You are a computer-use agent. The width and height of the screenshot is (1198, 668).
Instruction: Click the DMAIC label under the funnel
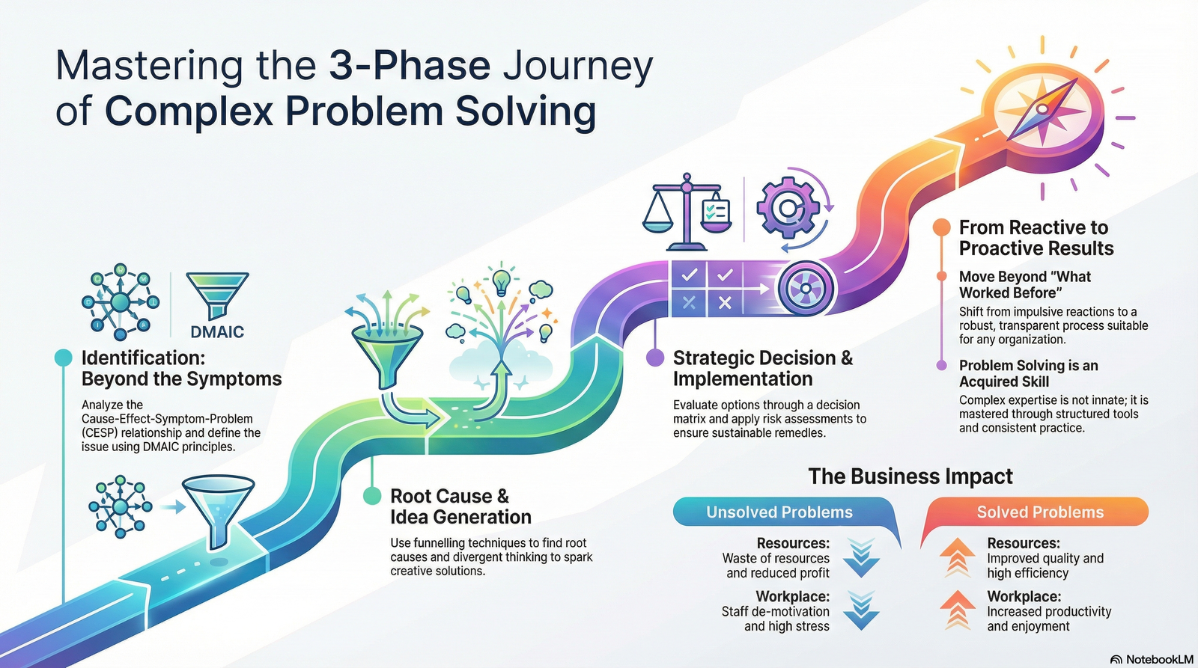point(217,331)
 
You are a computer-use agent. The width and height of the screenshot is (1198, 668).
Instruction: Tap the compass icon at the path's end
point(1041,110)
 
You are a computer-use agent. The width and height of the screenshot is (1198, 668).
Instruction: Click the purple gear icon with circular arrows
point(787,207)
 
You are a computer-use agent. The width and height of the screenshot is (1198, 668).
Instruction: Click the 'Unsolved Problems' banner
point(779,512)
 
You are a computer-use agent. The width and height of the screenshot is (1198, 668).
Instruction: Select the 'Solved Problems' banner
point(1039,512)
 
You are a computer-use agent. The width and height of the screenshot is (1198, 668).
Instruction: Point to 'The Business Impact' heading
point(910,477)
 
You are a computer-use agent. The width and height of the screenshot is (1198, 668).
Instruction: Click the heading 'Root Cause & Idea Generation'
point(460,506)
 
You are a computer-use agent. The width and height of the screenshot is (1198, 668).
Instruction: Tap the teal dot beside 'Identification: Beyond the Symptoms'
point(63,358)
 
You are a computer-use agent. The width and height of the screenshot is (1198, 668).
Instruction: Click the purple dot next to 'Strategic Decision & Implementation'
point(654,358)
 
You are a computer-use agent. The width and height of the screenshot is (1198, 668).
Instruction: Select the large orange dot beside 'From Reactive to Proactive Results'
point(941,227)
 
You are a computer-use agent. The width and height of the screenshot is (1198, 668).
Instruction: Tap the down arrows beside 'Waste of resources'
point(862,557)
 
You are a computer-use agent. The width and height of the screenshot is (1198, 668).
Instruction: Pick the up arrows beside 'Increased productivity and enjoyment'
point(957,610)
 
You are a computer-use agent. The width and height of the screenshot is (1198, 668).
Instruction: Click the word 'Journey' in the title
point(577,65)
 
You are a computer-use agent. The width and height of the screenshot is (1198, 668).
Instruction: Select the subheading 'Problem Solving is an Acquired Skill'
point(1028,373)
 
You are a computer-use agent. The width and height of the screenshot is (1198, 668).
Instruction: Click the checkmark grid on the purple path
point(707,289)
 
